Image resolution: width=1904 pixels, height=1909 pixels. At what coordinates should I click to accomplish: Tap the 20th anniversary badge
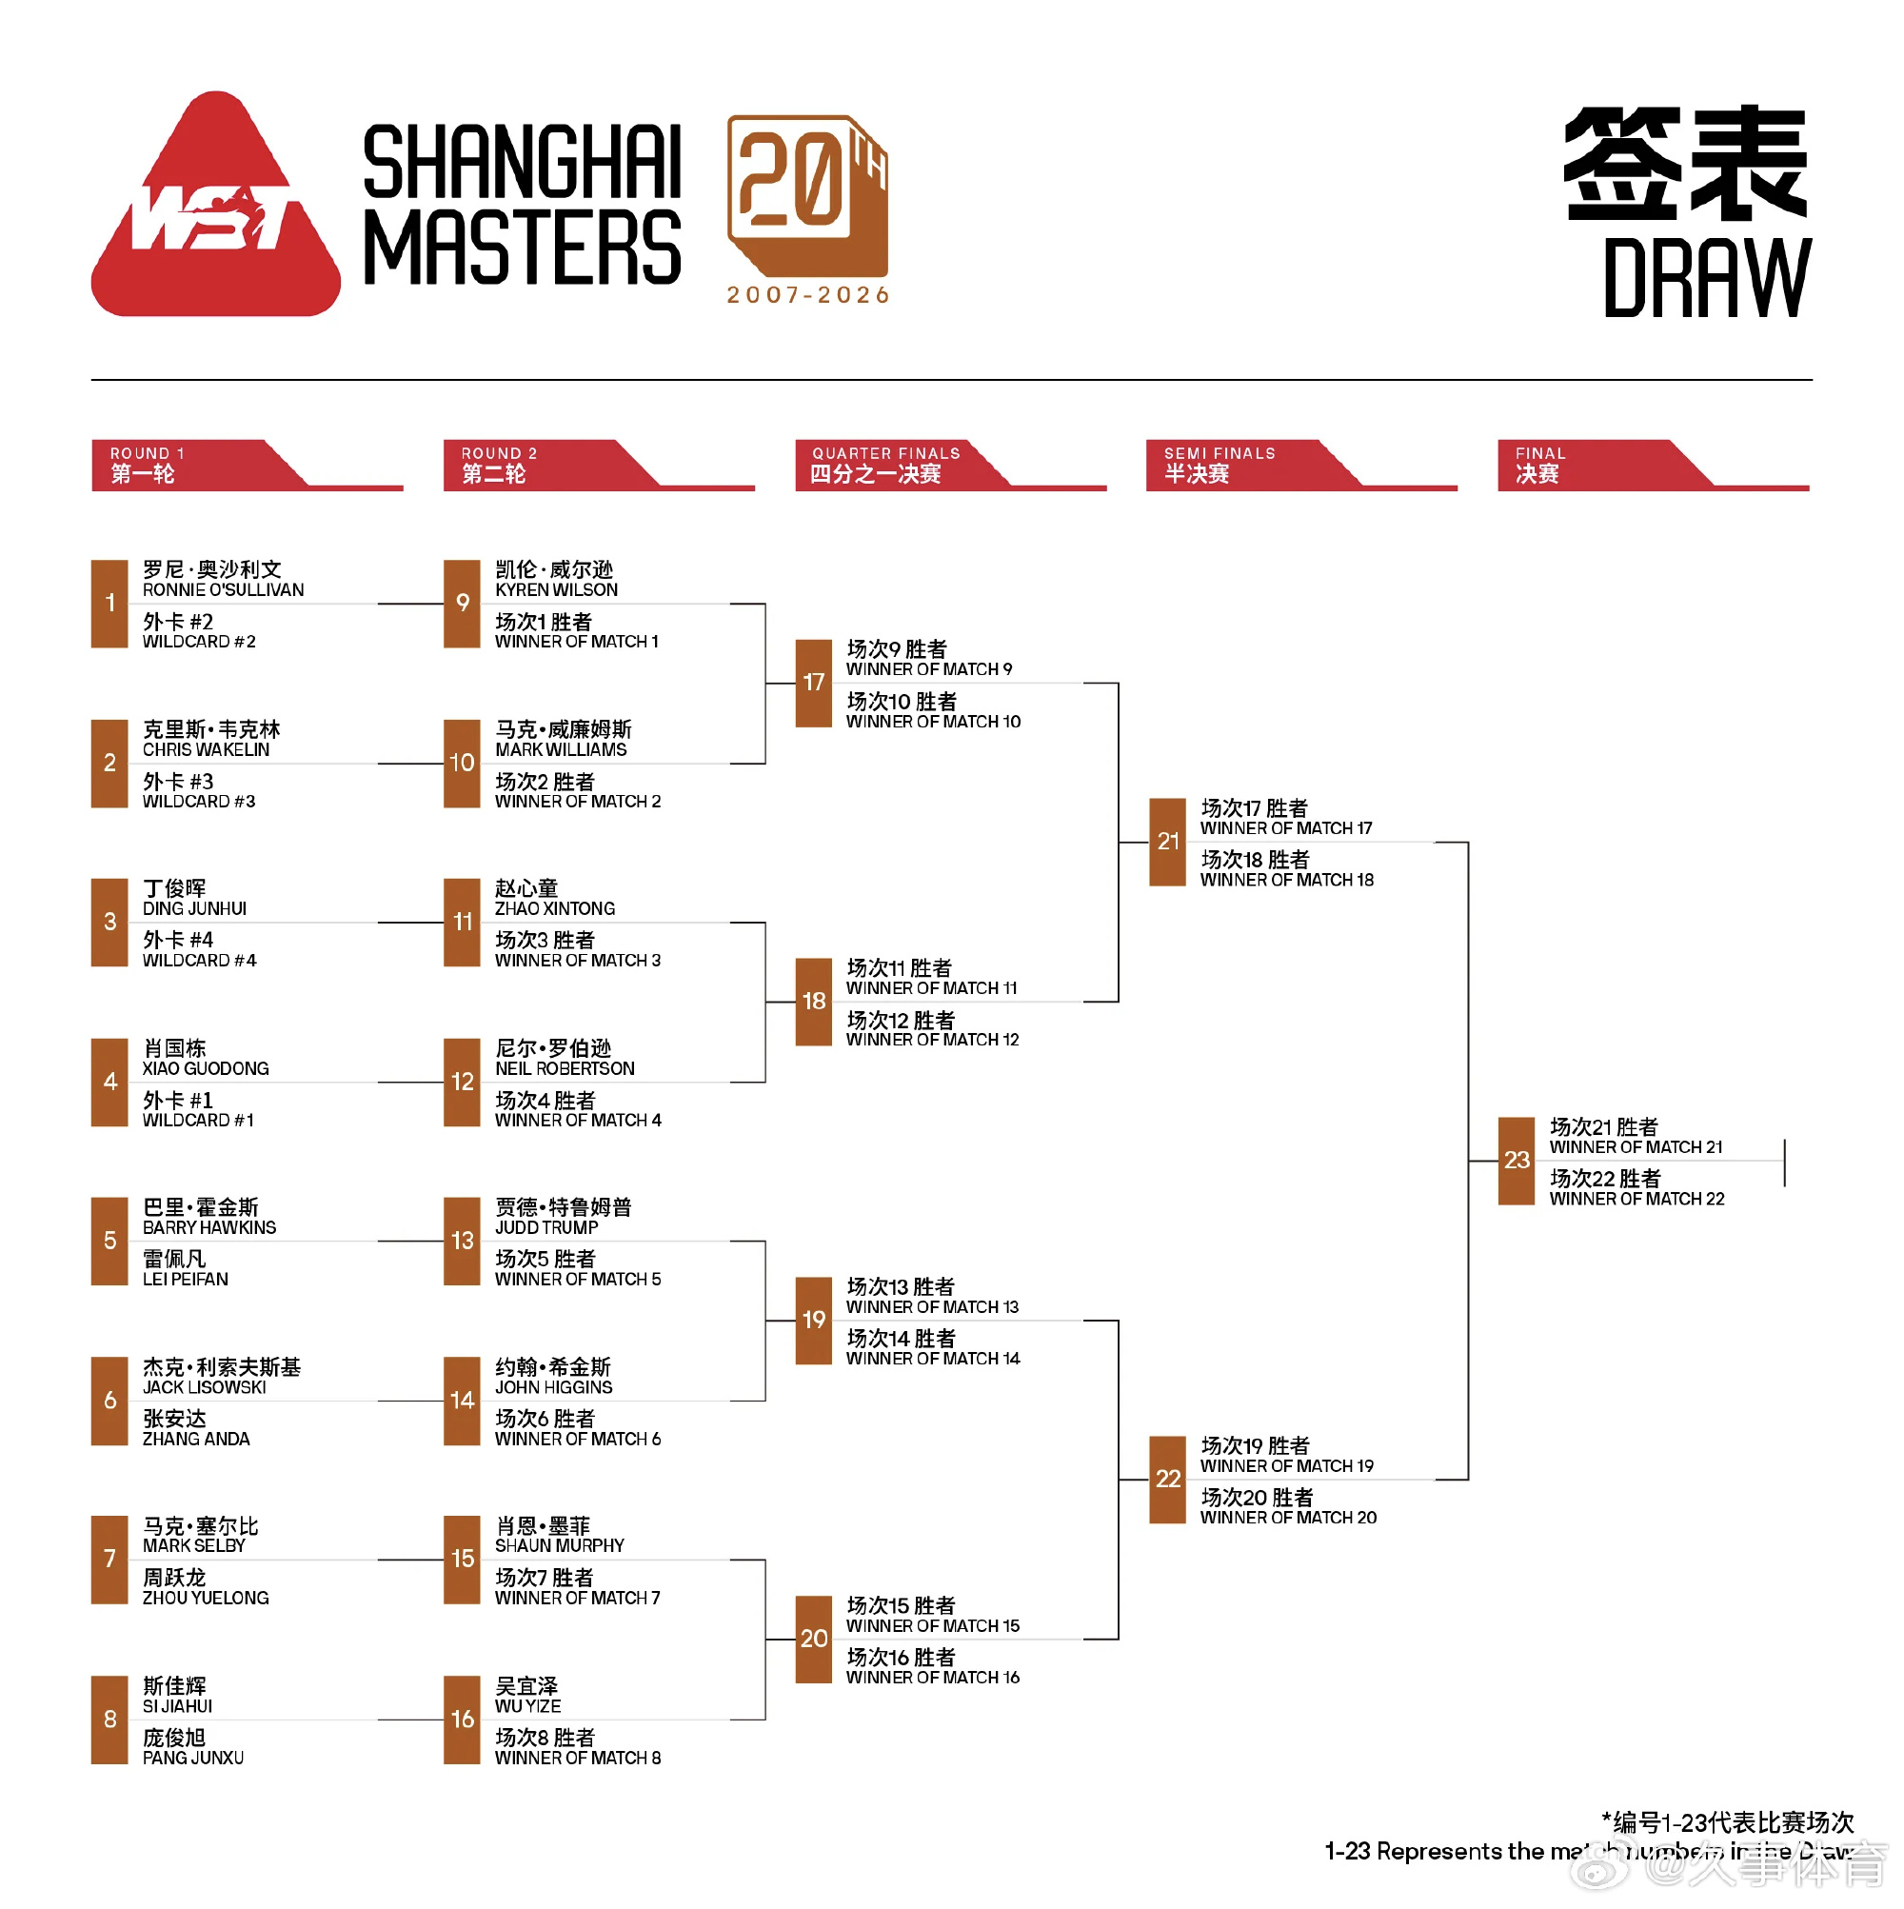coord(807,195)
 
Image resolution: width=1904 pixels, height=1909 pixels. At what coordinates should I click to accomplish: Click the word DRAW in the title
coord(1707,278)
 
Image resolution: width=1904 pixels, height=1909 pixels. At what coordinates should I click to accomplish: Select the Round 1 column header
coord(247,465)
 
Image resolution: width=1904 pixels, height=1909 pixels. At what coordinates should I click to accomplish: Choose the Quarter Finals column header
coord(950,465)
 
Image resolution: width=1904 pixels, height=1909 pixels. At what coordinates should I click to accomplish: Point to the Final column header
coord(1653,465)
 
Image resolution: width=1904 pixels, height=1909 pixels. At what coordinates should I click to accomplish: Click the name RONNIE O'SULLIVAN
coord(224,590)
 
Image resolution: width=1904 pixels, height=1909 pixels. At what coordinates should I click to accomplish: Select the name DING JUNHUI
coord(194,909)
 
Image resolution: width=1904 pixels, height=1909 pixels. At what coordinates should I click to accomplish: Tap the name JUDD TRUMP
coord(546,1228)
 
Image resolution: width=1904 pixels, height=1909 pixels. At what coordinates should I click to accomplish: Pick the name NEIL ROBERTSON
coord(565,1069)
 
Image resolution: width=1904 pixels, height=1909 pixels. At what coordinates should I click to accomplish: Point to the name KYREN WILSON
coord(556,590)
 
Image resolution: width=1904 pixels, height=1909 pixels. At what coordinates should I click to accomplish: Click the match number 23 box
coord(1517,1161)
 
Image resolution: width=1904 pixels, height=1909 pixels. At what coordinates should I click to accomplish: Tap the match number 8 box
coord(109,1720)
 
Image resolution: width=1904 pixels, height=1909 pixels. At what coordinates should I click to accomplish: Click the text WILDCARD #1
coord(198,1121)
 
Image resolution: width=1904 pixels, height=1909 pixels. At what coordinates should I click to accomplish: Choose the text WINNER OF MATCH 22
coord(1637,1200)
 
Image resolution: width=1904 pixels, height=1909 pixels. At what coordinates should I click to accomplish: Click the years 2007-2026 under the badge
coord(808,295)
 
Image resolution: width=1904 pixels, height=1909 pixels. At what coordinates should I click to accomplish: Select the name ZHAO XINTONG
coord(555,909)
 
